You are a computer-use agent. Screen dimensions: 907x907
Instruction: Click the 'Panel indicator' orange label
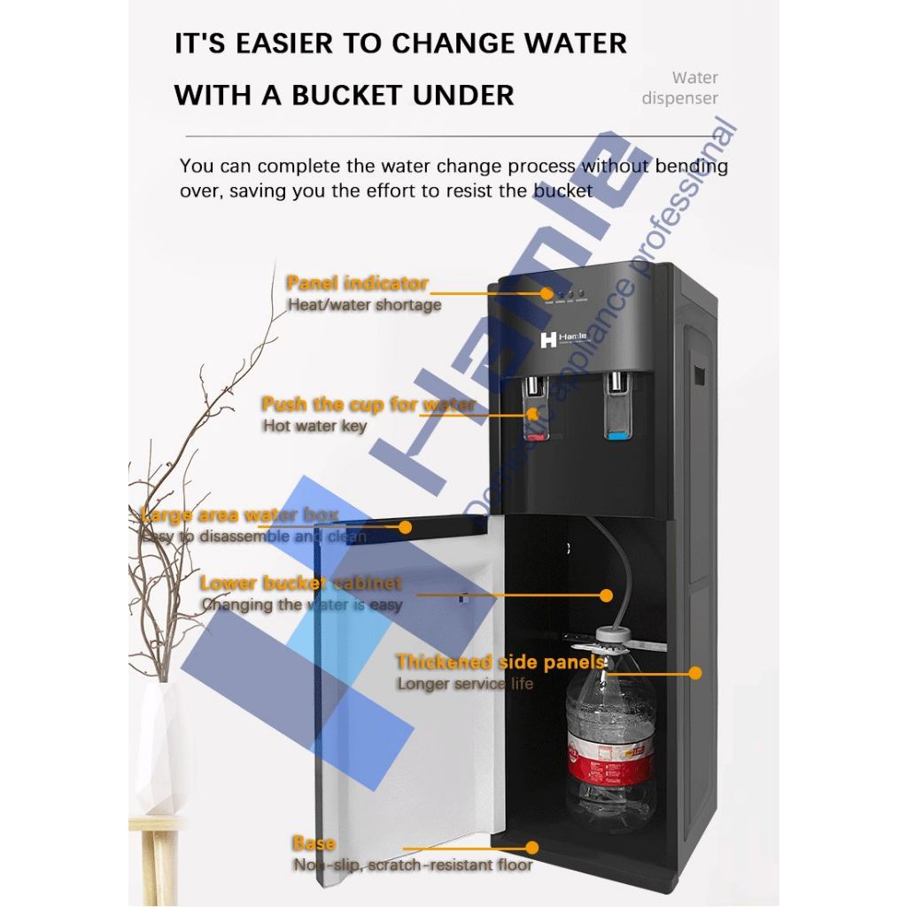tap(357, 283)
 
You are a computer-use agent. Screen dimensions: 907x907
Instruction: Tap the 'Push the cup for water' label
tap(368, 405)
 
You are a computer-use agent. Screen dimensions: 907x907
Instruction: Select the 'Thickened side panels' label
tap(500, 662)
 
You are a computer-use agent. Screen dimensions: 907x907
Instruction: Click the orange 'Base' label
tap(314, 843)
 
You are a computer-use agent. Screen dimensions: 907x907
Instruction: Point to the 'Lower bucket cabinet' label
tap(300, 584)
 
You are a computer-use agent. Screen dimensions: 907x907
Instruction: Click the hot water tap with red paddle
tap(532, 398)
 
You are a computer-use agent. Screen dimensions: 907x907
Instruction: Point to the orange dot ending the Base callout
tap(531, 848)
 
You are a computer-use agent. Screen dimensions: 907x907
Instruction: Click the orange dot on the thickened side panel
tap(695, 673)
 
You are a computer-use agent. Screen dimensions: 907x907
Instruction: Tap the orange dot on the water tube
tap(607, 595)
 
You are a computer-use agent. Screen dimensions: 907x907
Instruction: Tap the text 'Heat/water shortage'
tap(364, 305)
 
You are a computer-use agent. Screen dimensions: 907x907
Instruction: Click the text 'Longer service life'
tap(465, 683)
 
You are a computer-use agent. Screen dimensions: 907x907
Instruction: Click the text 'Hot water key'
tap(314, 426)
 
